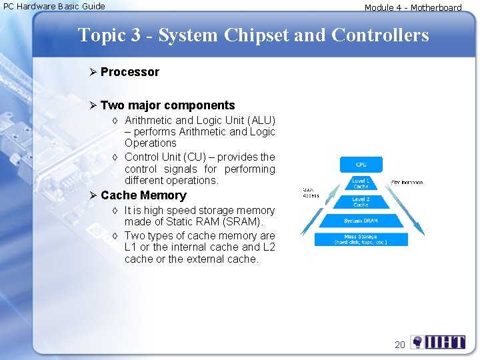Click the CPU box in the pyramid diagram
click(361, 164)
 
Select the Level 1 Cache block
click(361, 183)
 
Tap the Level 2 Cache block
click(361, 202)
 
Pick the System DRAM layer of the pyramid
click(361, 221)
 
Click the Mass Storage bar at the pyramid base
click(361, 239)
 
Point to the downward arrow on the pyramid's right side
click(407, 207)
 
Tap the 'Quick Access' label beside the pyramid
click(311, 192)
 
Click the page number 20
click(399, 345)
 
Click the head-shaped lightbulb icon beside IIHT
click(417, 343)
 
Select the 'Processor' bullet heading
click(130, 72)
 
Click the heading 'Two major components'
click(167, 105)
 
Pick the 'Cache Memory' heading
click(143, 195)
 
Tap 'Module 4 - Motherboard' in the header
click(413, 8)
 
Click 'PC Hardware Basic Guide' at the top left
click(55, 7)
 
